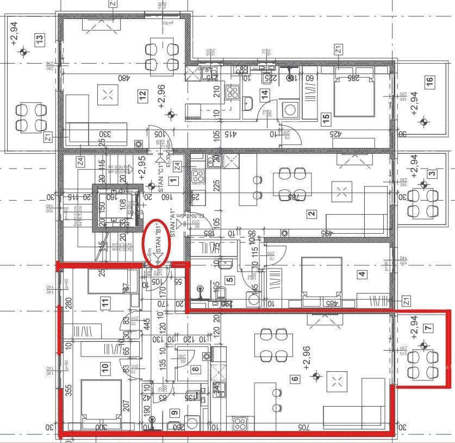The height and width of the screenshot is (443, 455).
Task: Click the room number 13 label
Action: [39, 40]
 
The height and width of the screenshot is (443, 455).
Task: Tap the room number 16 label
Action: [429, 83]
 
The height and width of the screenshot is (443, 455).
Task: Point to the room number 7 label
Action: [428, 328]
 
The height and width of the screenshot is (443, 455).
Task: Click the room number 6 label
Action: [296, 379]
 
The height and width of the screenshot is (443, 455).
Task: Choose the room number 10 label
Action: [105, 368]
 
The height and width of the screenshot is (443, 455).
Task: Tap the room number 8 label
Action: [196, 370]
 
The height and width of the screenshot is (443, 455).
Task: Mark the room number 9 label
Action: [174, 413]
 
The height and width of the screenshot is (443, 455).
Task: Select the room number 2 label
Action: [311, 214]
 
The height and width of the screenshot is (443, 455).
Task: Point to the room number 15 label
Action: [326, 117]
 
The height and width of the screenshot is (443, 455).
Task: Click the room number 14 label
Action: [265, 93]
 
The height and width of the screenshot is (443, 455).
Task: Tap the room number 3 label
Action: [431, 174]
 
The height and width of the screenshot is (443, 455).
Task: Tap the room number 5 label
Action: [229, 280]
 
